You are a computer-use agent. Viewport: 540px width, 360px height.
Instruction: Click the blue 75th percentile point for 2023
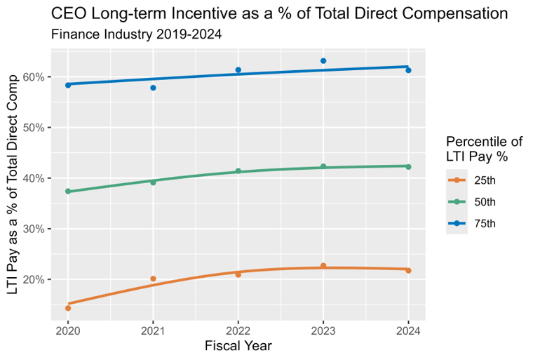click(x=323, y=61)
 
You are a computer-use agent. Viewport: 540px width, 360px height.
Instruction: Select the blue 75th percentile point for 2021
click(x=153, y=88)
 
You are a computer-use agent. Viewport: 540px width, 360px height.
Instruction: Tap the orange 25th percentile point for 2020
click(x=68, y=308)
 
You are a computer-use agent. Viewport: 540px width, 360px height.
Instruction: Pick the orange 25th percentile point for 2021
click(x=153, y=279)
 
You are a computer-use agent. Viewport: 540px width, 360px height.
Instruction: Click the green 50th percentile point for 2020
click(x=68, y=192)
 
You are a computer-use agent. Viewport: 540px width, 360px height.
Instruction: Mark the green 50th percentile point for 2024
click(x=408, y=167)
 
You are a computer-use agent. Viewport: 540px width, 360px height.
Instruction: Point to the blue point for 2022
click(x=238, y=70)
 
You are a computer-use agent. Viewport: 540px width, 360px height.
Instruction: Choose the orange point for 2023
click(x=323, y=266)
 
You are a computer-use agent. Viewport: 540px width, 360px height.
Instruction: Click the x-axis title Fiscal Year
click(x=238, y=346)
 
